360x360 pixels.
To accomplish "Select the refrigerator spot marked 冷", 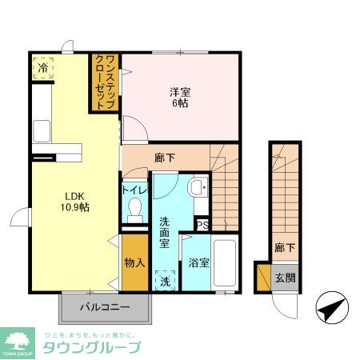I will click(x=41, y=68).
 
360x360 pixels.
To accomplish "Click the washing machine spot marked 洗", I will click(x=165, y=282).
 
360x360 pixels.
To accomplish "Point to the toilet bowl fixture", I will click(x=135, y=209).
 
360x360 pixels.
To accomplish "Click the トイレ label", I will click(x=134, y=190).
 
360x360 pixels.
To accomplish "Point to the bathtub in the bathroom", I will click(x=225, y=263).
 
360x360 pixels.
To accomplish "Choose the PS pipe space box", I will click(x=202, y=225).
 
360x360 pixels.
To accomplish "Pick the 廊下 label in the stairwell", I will click(x=283, y=248).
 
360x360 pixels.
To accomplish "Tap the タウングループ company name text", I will click(x=90, y=348).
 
